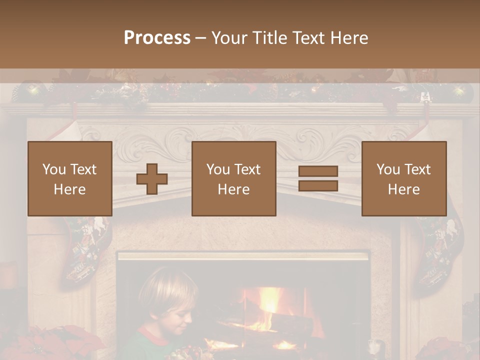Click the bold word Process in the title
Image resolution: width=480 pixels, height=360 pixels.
point(157,38)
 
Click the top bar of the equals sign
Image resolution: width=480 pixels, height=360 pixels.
point(318,171)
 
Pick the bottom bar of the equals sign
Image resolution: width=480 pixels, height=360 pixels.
point(318,186)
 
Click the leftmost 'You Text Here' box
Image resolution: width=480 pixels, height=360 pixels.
point(69,178)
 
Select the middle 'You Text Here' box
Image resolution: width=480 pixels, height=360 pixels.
point(233,178)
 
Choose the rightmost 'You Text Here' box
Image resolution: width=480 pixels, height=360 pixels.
point(403,178)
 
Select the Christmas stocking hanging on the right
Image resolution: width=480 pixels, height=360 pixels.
point(440,250)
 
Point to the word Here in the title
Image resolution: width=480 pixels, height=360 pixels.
point(348,38)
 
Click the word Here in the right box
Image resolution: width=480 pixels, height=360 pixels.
point(403,189)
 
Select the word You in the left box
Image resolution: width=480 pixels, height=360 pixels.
point(53,169)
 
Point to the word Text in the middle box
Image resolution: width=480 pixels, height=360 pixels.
point(247,169)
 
